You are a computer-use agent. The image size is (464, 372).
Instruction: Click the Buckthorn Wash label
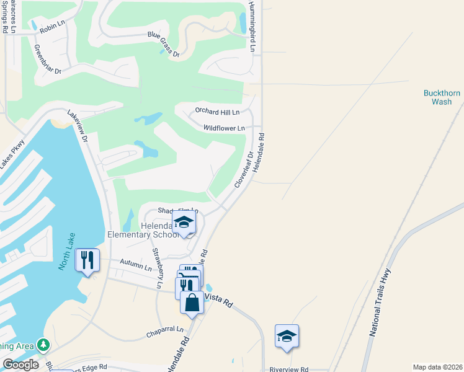tap(442, 97)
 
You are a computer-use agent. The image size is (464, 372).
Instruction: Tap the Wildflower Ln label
tap(224, 128)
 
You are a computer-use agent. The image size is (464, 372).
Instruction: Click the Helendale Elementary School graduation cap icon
tap(184, 222)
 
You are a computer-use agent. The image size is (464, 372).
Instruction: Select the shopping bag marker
tap(192, 303)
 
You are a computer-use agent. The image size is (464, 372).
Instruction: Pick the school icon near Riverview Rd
tap(287, 335)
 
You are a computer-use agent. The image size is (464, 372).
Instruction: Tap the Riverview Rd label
tap(288, 369)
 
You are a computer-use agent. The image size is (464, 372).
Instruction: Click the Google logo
tap(21, 365)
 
